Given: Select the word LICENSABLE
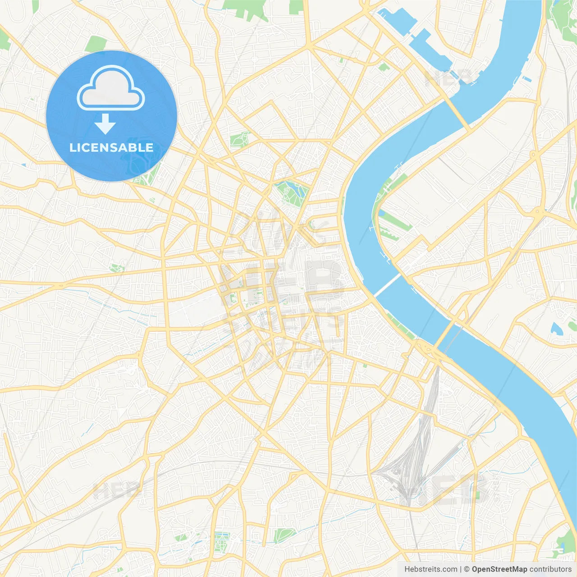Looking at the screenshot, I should [111, 147].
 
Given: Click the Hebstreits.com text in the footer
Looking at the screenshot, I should [430, 569].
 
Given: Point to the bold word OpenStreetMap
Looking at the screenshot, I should [499, 569].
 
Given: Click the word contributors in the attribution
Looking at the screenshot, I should [550, 569].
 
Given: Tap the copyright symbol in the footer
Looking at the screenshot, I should [467, 569].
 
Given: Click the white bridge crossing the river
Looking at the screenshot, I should [387, 285].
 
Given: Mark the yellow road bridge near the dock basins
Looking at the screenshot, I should [458, 112].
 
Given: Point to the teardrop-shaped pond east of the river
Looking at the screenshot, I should [555, 329].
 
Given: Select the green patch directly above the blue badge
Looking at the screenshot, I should [96, 44].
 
